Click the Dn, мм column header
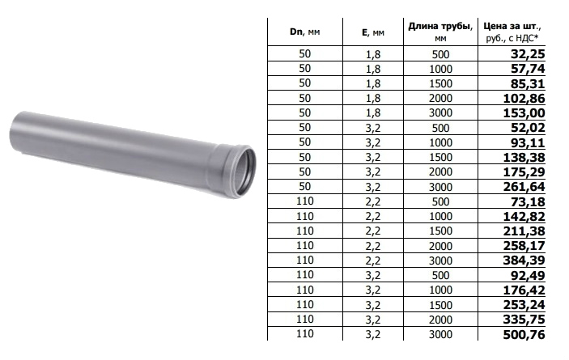pos(305,32)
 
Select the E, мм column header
pos(372,32)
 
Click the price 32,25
pos(528,54)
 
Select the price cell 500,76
pos(524,335)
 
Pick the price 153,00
pos(524,113)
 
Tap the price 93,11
pos(528,142)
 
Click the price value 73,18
pos(528,201)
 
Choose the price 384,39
pos(524,260)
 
